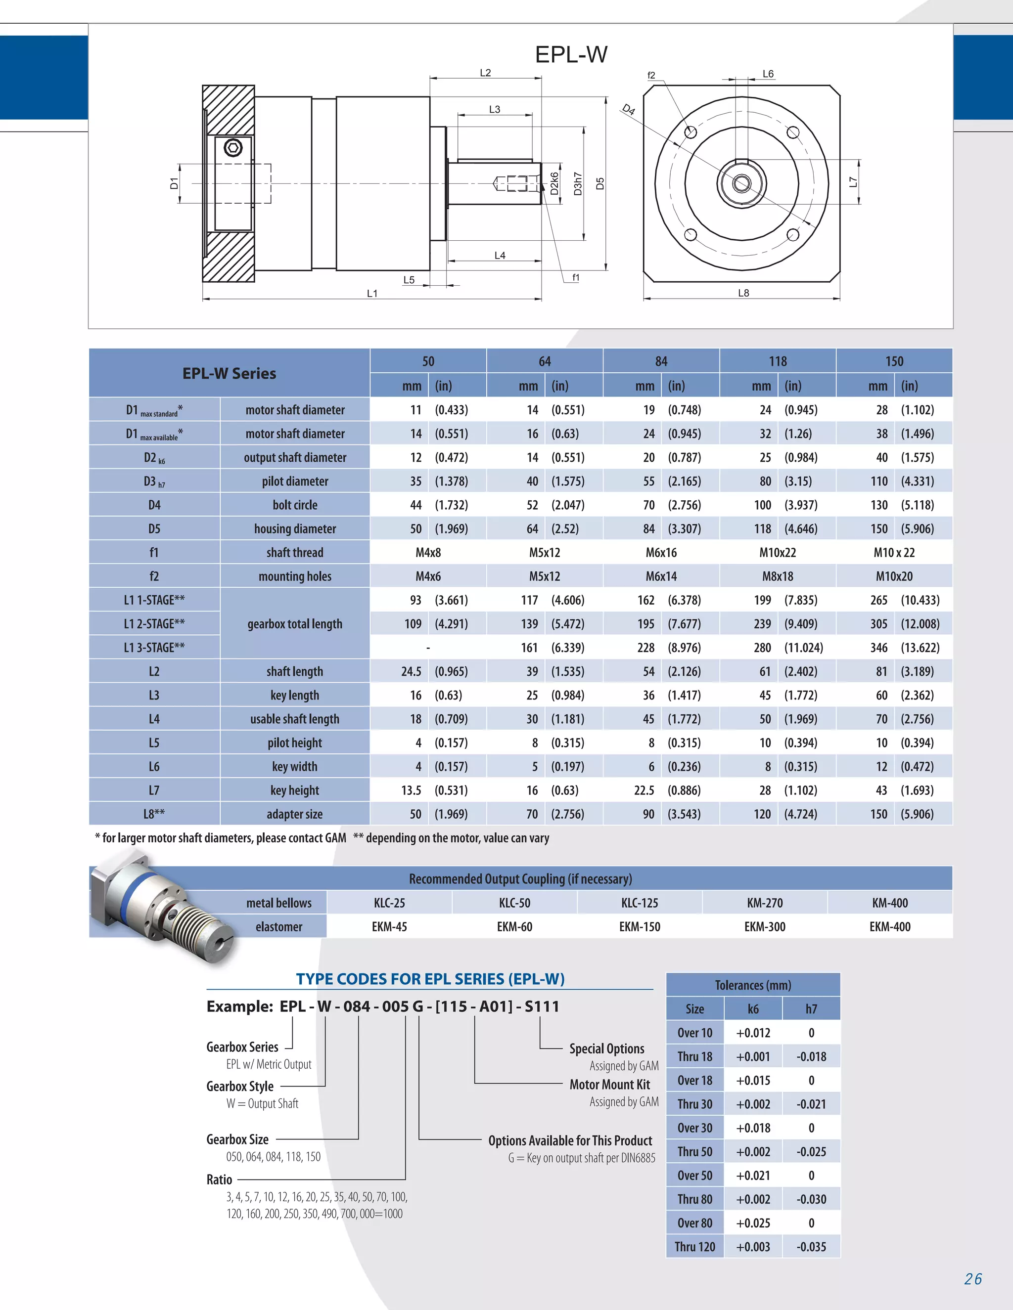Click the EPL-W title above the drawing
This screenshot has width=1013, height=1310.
pyautogui.click(x=571, y=54)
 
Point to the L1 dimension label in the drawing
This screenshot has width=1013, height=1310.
pyautogui.click(x=372, y=293)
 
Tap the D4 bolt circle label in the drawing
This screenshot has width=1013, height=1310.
pyautogui.click(x=628, y=110)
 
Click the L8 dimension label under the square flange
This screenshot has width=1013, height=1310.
pyautogui.click(x=743, y=293)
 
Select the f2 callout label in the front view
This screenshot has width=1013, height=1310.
pyautogui.click(x=651, y=76)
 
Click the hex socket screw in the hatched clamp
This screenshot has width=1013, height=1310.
pyautogui.click(x=233, y=147)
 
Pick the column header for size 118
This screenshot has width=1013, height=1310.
pyautogui.click(x=777, y=361)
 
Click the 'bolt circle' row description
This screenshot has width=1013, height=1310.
pyautogui.click(x=295, y=505)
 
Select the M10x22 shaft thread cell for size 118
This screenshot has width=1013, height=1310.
pyautogui.click(x=777, y=553)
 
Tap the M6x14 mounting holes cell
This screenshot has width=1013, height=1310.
pyautogui.click(x=661, y=576)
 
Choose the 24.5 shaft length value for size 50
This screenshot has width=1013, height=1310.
pyautogui.click(x=411, y=671)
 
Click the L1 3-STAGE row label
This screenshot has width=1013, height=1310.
pyautogui.click(x=154, y=648)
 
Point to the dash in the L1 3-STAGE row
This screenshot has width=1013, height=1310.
pyautogui.click(x=428, y=648)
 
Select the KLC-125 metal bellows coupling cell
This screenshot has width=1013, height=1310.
pyautogui.click(x=639, y=903)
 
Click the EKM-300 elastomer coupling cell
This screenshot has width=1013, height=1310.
pyautogui.click(x=765, y=927)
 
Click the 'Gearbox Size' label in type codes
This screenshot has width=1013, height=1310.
pyautogui.click(x=237, y=1139)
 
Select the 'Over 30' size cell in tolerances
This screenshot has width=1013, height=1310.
pyautogui.click(x=694, y=1128)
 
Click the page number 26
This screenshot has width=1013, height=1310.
pyautogui.click(x=973, y=1279)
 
